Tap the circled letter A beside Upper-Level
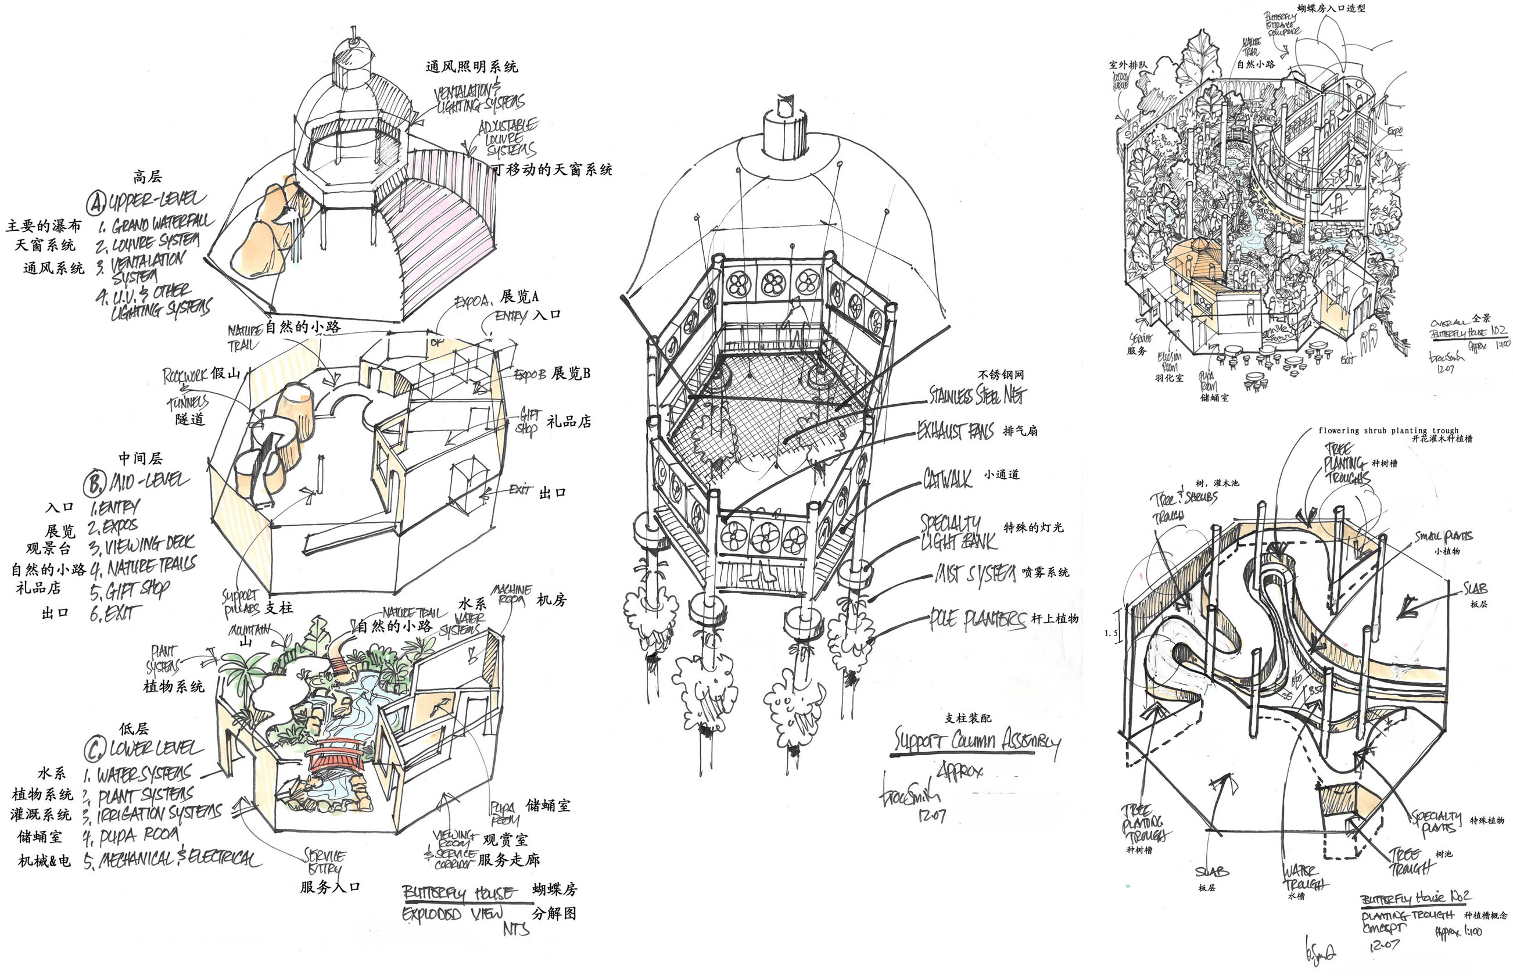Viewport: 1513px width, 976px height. [x=96, y=203]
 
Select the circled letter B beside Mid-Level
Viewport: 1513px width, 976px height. [x=93, y=484]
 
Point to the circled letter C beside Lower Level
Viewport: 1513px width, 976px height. [x=94, y=750]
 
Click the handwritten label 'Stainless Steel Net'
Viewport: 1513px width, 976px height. [x=976, y=394]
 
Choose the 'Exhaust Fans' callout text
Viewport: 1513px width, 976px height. [x=956, y=432]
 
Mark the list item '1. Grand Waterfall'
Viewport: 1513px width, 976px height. [x=156, y=224]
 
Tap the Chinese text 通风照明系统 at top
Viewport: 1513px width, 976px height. [x=472, y=67]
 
